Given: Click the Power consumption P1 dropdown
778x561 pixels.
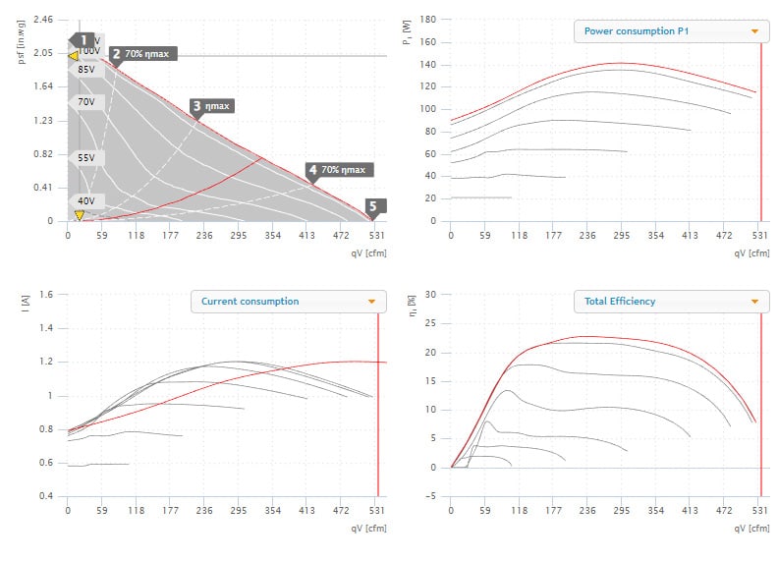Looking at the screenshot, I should [x=671, y=30].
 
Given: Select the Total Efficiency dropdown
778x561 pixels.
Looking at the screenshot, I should [x=671, y=302].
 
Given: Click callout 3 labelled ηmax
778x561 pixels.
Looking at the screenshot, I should [x=213, y=105].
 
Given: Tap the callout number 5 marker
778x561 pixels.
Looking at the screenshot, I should [x=376, y=206].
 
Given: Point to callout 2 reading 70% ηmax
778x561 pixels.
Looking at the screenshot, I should [x=142, y=54].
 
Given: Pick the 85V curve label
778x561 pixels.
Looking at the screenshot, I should [x=86, y=70].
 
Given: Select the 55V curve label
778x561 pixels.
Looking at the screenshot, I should [x=86, y=157].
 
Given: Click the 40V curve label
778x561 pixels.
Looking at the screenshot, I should [x=86, y=200].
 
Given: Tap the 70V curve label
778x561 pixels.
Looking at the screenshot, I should [x=86, y=102].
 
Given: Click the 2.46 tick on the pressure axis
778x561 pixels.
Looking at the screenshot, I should [x=43, y=19].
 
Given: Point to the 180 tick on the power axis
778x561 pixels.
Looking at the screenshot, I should [x=427, y=19].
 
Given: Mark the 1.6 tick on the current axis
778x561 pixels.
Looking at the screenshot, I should [x=45, y=294].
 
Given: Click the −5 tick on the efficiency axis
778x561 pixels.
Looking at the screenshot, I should [x=430, y=496].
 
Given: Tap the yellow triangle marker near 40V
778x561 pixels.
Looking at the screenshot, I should [x=79, y=214].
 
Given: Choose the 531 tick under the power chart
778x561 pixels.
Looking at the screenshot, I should [x=757, y=236].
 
